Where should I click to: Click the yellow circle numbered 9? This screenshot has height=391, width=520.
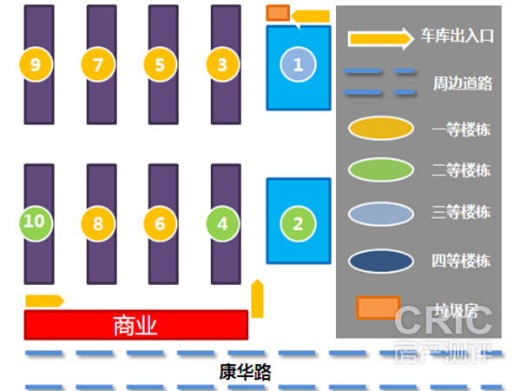pyautogui.click(x=36, y=64)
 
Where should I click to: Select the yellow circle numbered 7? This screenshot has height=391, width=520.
pyautogui.click(x=98, y=64)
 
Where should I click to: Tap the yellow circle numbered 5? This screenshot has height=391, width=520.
pyautogui.click(x=161, y=64)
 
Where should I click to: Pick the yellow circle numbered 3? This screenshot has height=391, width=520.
pyautogui.click(x=222, y=64)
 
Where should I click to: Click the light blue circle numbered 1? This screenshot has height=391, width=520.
pyautogui.click(x=298, y=64)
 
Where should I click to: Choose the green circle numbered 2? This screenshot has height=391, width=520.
pyautogui.click(x=298, y=223)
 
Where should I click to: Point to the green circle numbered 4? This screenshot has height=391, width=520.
pyautogui.click(x=222, y=223)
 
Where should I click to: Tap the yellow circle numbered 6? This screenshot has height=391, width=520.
pyautogui.click(x=161, y=223)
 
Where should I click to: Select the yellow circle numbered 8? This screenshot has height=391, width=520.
pyautogui.click(x=98, y=223)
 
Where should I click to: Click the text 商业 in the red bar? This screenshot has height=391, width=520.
pyautogui.click(x=135, y=326)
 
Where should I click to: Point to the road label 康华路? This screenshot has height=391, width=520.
pyautogui.click(x=245, y=372)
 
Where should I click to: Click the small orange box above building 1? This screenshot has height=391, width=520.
pyautogui.click(x=278, y=13)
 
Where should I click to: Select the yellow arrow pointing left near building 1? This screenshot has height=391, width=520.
pyautogui.click(x=311, y=17)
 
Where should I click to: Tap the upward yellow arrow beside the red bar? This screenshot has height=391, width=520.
pyautogui.click(x=257, y=299)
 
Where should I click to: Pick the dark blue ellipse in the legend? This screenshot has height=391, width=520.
pyautogui.click(x=381, y=261)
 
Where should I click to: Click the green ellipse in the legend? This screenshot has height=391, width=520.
pyautogui.click(x=381, y=169)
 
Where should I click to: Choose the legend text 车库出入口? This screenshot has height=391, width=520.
pyautogui.click(x=457, y=36)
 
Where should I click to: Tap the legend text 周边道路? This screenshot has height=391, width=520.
pyautogui.click(x=463, y=83)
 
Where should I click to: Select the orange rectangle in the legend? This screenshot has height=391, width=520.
pyautogui.click(x=378, y=308)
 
